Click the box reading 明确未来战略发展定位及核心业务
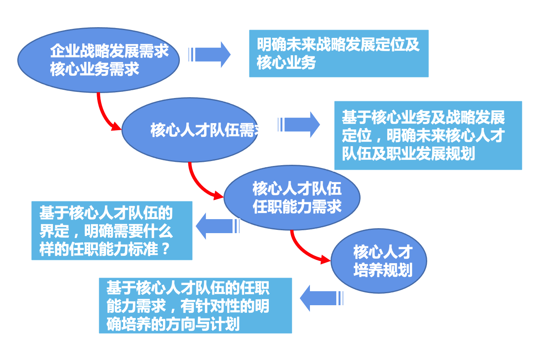pyautogui.click(x=338, y=54)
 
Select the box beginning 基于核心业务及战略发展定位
pyautogui.click(x=428, y=136)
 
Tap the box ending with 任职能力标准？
pyautogui.click(x=112, y=230)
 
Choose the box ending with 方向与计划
pyautogui.click(x=195, y=305)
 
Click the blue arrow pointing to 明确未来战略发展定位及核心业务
pyautogui.click(x=210, y=54)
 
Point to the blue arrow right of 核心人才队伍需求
pyautogui.click(x=299, y=124)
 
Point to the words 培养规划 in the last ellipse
pyautogui.click(x=383, y=270)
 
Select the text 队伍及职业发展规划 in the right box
pyautogui.click(x=408, y=154)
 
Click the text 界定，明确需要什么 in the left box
pyautogui.click(x=106, y=231)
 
